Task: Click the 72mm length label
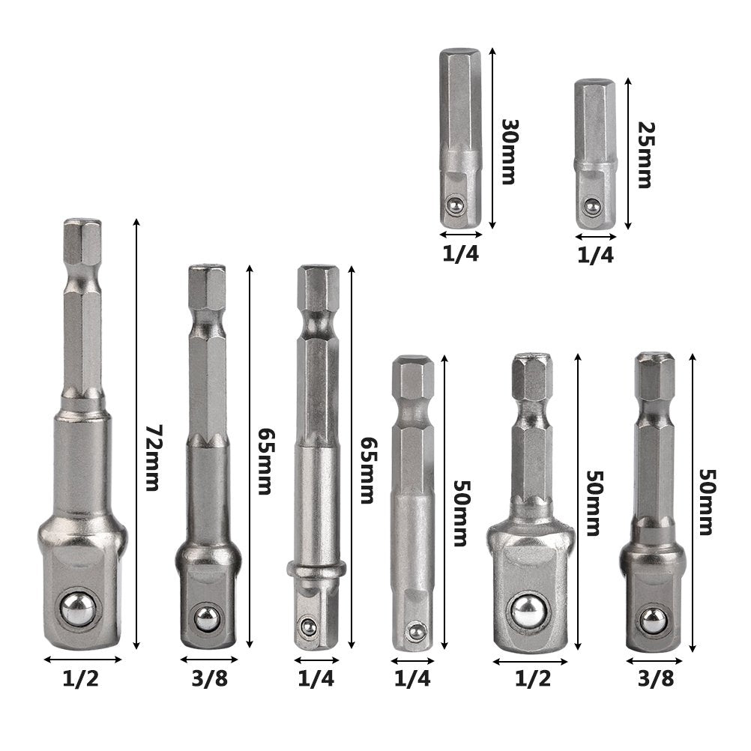[x=151, y=458]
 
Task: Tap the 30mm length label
[x=510, y=151]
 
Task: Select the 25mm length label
[x=645, y=154]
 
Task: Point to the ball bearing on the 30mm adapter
[x=453, y=206]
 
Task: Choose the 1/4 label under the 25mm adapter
[x=595, y=255]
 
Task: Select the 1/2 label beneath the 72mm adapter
[x=80, y=679]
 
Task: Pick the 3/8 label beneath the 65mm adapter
[x=210, y=679]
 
